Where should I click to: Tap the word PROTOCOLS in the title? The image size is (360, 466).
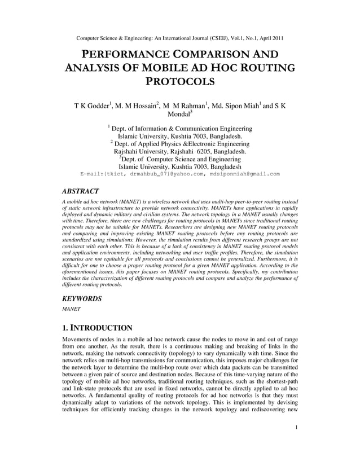click(180, 81)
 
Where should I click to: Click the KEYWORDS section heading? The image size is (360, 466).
click(81, 298)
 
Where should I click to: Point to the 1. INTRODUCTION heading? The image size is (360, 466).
click(97, 328)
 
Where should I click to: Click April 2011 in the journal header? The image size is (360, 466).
click(269, 38)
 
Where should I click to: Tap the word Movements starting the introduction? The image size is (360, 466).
click(80, 338)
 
